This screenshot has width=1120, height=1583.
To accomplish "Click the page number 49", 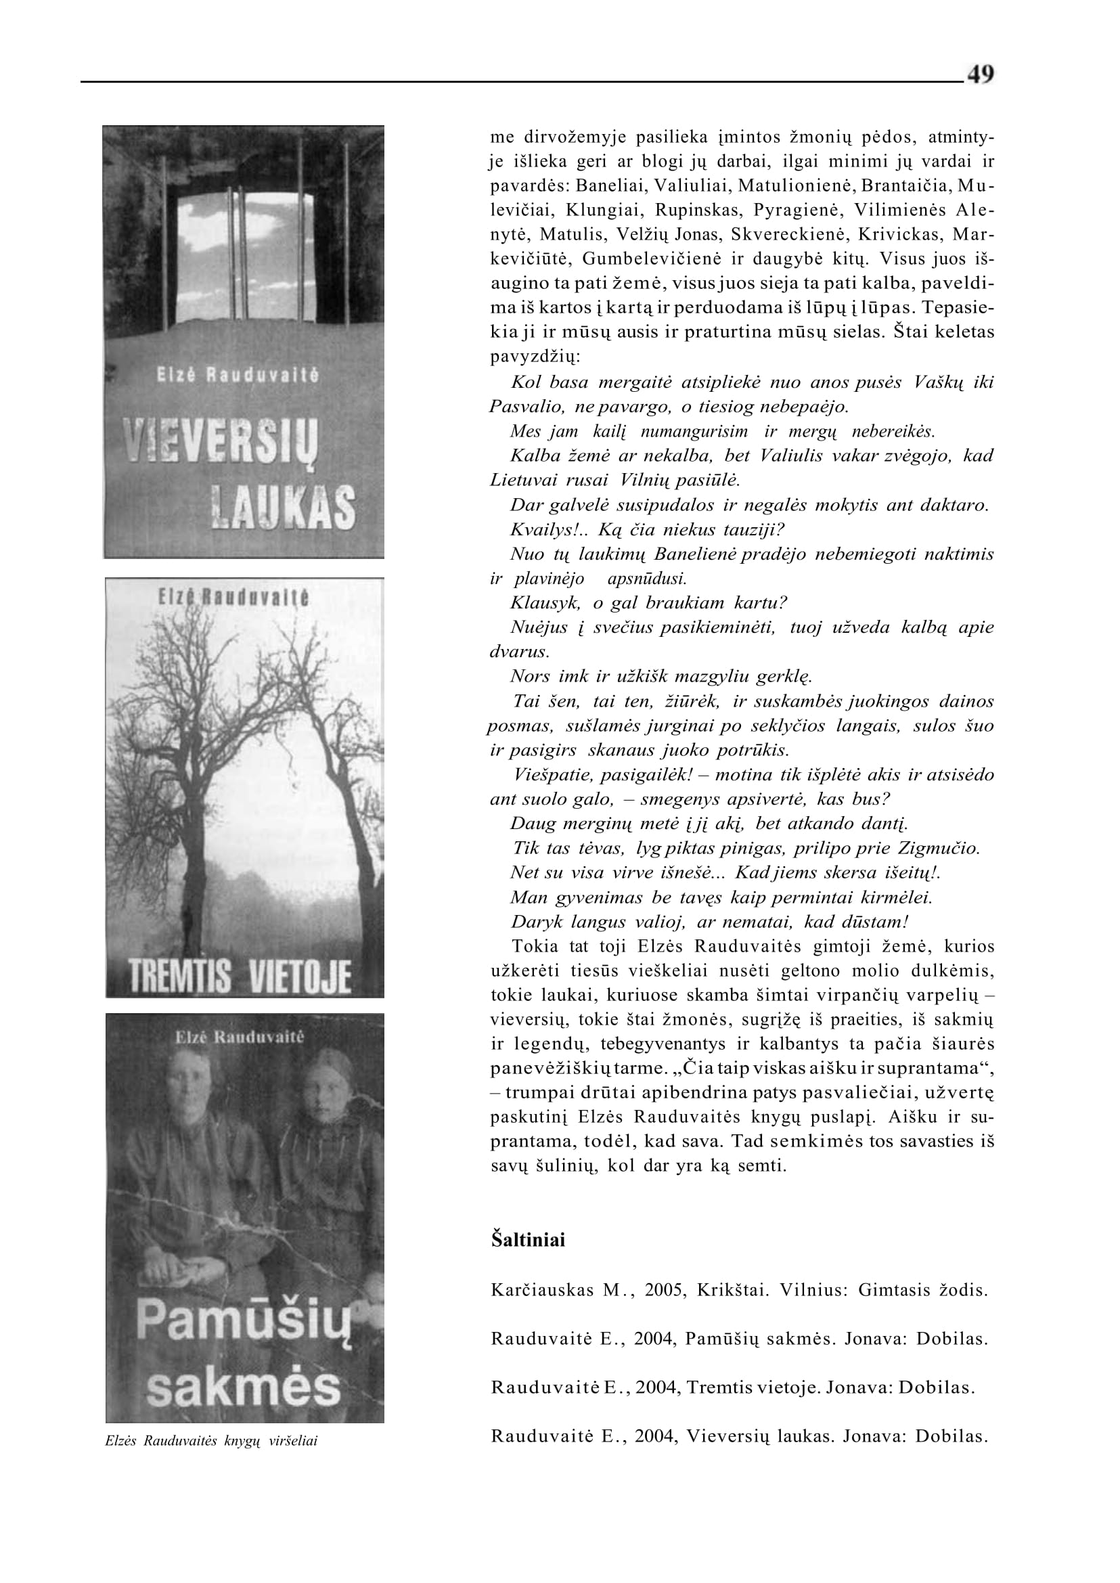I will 980,74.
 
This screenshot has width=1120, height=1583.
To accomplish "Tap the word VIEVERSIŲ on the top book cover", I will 220,443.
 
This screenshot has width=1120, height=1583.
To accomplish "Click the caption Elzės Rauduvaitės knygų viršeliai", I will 211,1441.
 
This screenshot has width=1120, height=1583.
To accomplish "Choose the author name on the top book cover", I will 238,376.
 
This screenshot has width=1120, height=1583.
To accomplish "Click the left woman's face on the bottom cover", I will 186,1102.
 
